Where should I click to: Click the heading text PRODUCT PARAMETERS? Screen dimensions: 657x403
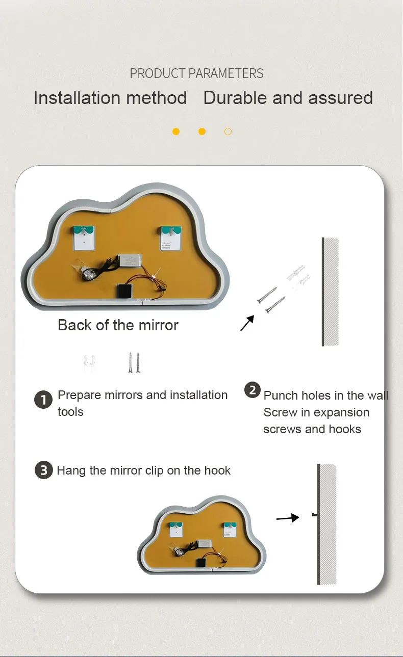click(196, 73)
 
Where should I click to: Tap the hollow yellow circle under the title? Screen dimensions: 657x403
click(228, 132)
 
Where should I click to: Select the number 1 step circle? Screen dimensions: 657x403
click(43, 400)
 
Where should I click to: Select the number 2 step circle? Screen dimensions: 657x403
click(253, 391)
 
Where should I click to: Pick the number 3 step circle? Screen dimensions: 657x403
click(43, 469)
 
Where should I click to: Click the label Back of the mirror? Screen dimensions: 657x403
click(118, 325)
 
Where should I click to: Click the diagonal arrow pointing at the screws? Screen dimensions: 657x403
click(247, 323)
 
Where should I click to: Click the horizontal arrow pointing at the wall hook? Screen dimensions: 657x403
click(288, 518)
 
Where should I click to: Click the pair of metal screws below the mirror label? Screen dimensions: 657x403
click(134, 362)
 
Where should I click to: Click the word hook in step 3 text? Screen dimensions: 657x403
click(217, 470)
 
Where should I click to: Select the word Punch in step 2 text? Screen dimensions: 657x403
click(280, 396)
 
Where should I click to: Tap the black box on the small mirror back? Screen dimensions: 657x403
click(202, 562)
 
